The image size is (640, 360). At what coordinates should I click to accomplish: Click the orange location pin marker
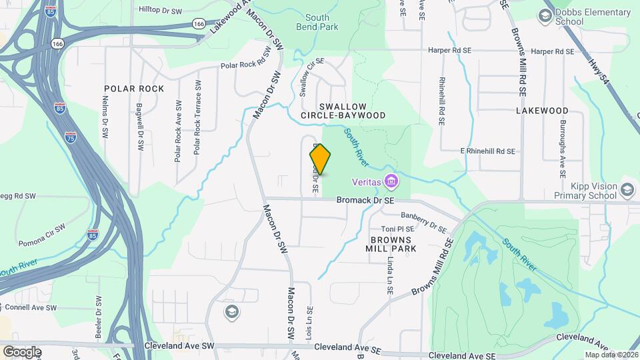point(321,159)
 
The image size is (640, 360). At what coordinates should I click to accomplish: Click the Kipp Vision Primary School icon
point(627,191)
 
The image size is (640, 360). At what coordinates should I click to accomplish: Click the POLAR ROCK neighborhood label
point(134,88)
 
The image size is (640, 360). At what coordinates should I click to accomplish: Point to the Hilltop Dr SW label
point(160,11)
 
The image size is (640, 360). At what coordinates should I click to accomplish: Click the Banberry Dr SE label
point(424,221)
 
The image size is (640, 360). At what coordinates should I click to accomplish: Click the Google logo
point(22,351)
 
